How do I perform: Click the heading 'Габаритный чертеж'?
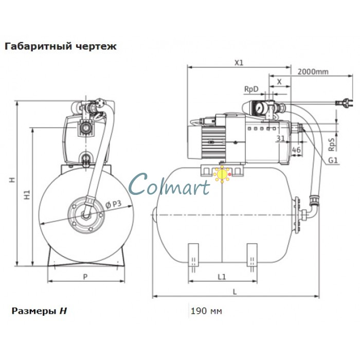coord(60,46)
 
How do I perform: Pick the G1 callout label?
coord(333,160)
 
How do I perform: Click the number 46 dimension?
coord(296,150)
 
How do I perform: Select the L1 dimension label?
coord(222,277)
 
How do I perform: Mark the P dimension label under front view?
coord(85,277)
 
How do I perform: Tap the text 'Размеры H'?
coord(39,311)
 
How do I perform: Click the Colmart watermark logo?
coord(170,184)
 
